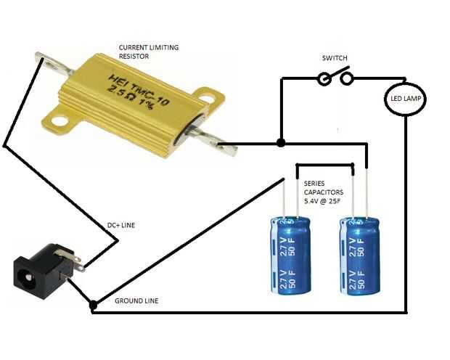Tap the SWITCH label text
tap(335, 58)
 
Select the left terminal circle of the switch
tap(324, 78)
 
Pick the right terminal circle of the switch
tap(347, 78)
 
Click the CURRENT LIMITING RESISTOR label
tap(149, 52)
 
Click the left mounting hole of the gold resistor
tap(60, 121)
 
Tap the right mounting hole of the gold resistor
tap(207, 99)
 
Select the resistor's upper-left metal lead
tap(54, 63)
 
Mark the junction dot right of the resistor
tap(281, 143)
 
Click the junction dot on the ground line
tap(93, 305)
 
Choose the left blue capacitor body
tap(290, 256)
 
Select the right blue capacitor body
tap(359, 256)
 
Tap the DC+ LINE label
tap(120, 225)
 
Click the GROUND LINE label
tap(136, 301)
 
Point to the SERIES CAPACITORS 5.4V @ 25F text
tap(324, 192)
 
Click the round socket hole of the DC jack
tap(28, 277)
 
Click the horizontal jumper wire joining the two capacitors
tap(325, 165)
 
